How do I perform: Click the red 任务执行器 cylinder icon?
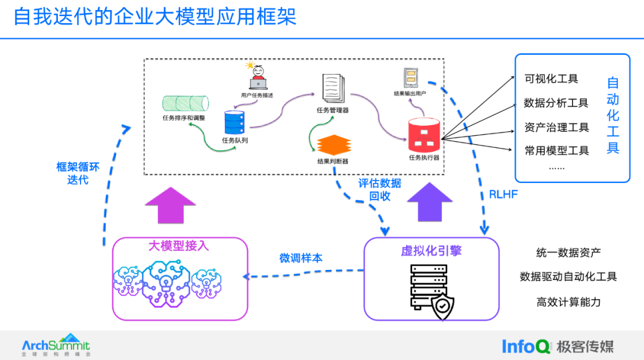point(424,135)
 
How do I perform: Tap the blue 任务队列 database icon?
point(234,122)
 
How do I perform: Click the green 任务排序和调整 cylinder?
point(185,104)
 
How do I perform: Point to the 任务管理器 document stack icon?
point(333,88)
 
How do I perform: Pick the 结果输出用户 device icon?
point(411,78)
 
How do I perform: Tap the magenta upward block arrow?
point(171,205)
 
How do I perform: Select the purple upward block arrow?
point(429,203)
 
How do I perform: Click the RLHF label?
point(503,194)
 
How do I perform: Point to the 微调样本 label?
point(301,258)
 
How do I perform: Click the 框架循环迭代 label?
point(78,173)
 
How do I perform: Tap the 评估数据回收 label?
point(379,190)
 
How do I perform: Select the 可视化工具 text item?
point(551,79)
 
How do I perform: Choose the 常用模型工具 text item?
point(556,151)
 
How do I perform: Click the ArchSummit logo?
point(56,345)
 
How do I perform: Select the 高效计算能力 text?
point(568,302)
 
